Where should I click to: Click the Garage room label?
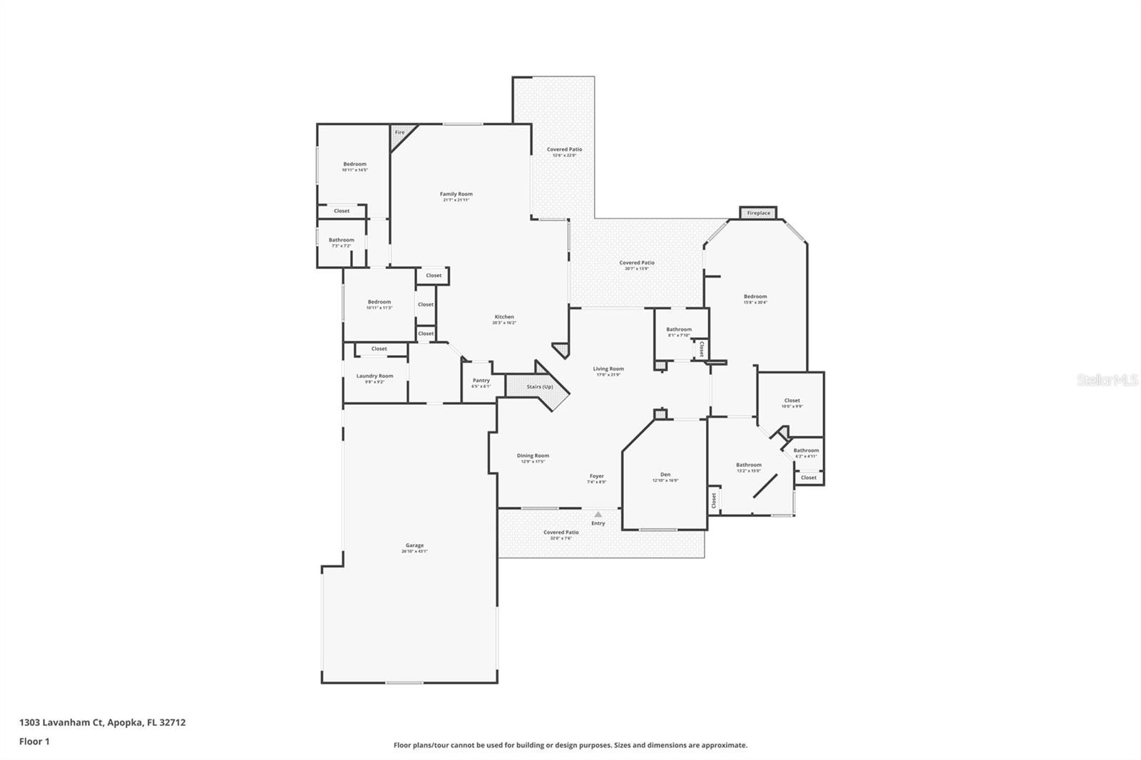(x=414, y=545)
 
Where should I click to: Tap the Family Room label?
(x=456, y=194)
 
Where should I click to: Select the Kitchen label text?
(x=504, y=317)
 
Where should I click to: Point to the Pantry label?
(x=481, y=381)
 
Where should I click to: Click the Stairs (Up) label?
(x=539, y=387)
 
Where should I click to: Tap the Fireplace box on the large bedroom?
(x=758, y=213)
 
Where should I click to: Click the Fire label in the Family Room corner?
(x=399, y=133)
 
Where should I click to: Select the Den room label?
(x=665, y=475)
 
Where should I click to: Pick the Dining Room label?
(x=533, y=456)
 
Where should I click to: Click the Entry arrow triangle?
(x=598, y=514)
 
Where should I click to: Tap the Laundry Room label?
(x=374, y=376)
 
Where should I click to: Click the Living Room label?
(x=608, y=369)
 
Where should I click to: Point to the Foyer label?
(x=596, y=476)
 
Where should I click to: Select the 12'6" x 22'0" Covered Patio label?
(x=564, y=150)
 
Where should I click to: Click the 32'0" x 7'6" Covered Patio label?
(x=561, y=533)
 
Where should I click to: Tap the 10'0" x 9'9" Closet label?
(x=792, y=401)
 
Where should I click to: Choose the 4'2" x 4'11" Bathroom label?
(x=806, y=451)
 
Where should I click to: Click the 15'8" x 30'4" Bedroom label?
(x=755, y=297)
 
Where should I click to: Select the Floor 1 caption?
(x=34, y=741)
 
